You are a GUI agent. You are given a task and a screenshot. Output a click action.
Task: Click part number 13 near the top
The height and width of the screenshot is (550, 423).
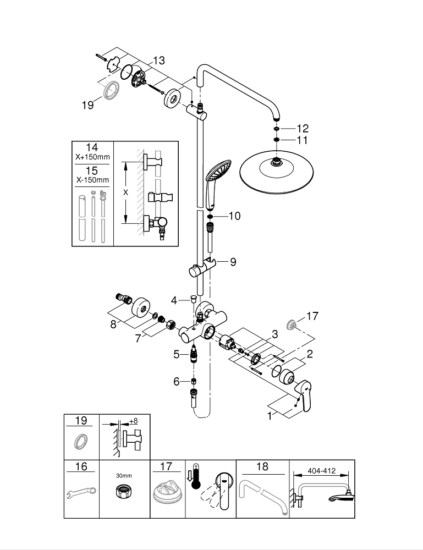pyautogui.click(x=158, y=61)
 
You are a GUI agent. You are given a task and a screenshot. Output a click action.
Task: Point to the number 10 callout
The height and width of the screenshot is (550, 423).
pyautogui.click(x=234, y=216)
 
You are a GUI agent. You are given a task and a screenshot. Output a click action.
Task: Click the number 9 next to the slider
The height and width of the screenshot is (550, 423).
pyautogui.click(x=233, y=262)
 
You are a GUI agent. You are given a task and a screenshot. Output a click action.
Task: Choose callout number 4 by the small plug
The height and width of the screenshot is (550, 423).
pyautogui.click(x=174, y=300)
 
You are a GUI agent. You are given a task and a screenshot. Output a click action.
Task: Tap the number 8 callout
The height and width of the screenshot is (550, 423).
pyautogui.click(x=114, y=324)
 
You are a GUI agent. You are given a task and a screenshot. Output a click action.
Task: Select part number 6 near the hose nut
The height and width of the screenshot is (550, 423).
pyautogui.click(x=177, y=381)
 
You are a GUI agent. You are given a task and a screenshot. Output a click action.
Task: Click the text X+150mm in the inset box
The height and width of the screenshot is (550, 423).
pyautogui.click(x=92, y=157)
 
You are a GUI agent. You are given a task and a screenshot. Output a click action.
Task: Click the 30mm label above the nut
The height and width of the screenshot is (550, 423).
pyautogui.click(x=124, y=475)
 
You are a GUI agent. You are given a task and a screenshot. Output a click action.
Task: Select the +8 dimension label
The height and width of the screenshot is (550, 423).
pyautogui.click(x=133, y=421)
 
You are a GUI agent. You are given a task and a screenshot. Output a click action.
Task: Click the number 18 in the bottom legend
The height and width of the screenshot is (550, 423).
pyautogui.click(x=262, y=467)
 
